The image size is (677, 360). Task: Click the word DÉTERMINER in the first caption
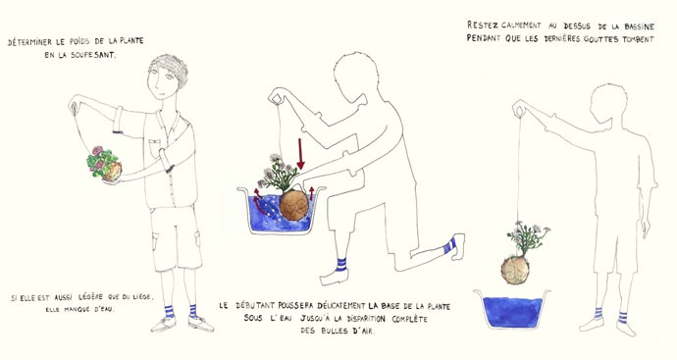pyautogui.click(x=29, y=42)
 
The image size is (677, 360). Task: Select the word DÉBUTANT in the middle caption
pyautogui.click(x=254, y=306)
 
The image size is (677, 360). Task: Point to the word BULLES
pyautogui.click(x=332, y=332)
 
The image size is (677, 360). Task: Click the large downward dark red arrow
pyautogui.click(x=300, y=154)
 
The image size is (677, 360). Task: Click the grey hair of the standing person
pyautogui.click(x=171, y=69)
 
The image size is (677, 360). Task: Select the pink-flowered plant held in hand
pyautogui.click(x=104, y=163)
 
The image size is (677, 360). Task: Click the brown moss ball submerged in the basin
pyautogui.click(x=294, y=205)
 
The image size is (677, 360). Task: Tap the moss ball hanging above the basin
pyautogui.click(x=515, y=270)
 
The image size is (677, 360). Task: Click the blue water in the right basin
pyautogui.click(x=512, y=312)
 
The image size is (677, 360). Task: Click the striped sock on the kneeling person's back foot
pyautogui.click(x=449, y=245)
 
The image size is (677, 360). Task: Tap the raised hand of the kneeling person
pyautogui.click(x=277, y=96)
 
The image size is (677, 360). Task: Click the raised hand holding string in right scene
pyautogui.click(x=520, y=108)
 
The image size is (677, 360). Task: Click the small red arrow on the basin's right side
pyautogui.click(x=311, y=193)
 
